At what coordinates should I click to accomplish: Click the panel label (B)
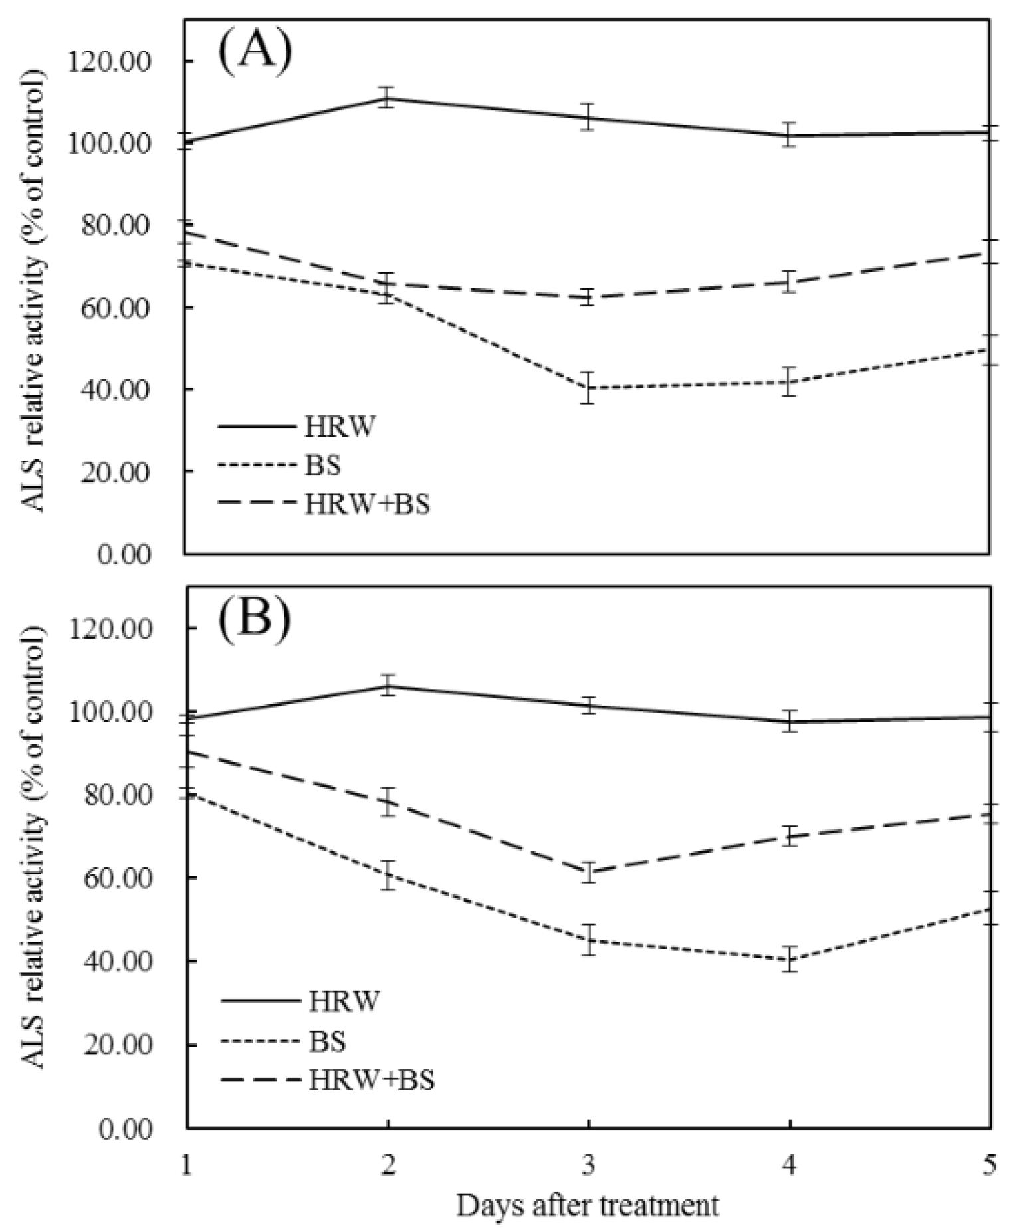pyautogui.click(x=254, y=620)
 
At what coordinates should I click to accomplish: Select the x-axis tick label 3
pyautogui.click(x=588, y=1165)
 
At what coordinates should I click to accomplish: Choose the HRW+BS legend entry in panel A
pyautogui.click(x=367, y=504)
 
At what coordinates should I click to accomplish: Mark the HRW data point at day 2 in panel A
pyautogui.click(x=387, y=98)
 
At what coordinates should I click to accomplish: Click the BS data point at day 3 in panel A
pyautogui.click(x=588, y=389)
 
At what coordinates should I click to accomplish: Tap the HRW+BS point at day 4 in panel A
pyautogui.click(x=789, y=282)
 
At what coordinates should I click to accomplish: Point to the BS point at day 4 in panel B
pyautogui.click(x=789, y=959)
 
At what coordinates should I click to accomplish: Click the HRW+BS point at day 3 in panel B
pyautogui.click(x=588, y=872)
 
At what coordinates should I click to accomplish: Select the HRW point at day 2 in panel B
pyautogui.click(x=387, y=685)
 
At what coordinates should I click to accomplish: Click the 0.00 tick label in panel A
pyautogui.click(x=124, y=554)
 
